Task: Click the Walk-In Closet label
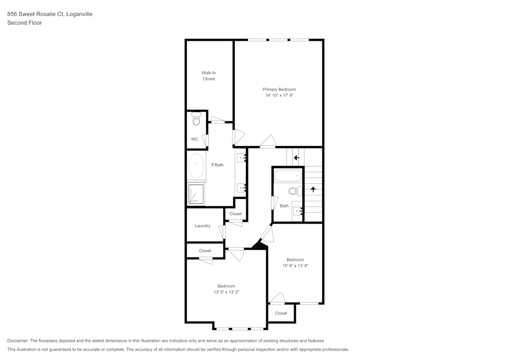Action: [209, 76]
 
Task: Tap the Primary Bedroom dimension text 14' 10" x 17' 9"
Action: [279, 95]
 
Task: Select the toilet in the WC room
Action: [196, 121]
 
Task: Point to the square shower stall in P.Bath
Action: [196, 194]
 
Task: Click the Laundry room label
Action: [203, 226]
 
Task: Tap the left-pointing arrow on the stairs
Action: [296, 158]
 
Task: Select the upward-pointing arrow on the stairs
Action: [313, 189]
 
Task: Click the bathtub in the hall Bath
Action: [288, 177]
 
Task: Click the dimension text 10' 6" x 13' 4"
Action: [295, 265]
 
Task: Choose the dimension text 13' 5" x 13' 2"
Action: [227, 292]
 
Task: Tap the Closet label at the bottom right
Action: [281, 313]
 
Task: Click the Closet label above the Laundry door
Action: [236, 214]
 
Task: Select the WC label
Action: [194, 139]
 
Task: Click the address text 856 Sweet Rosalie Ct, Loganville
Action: [50, 14]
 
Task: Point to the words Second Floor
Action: [24, 23]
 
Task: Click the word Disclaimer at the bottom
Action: [18, 341]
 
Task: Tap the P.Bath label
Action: [217, 164]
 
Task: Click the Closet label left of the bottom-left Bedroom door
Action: [205, 251]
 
